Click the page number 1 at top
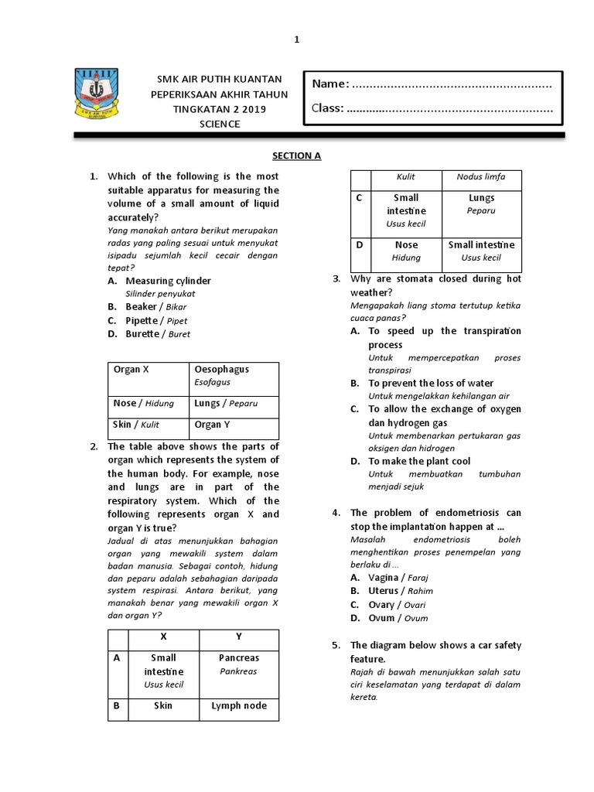tap(296, 39)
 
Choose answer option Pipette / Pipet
tap(156, 320)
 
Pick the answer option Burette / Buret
tap(158, 334)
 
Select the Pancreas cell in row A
tap(239, 664)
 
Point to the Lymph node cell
tap(239, 705)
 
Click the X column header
tap(163, 636)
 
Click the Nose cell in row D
tap(406, 251)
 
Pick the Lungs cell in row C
tap(481, 204)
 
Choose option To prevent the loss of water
tap(430, 383)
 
